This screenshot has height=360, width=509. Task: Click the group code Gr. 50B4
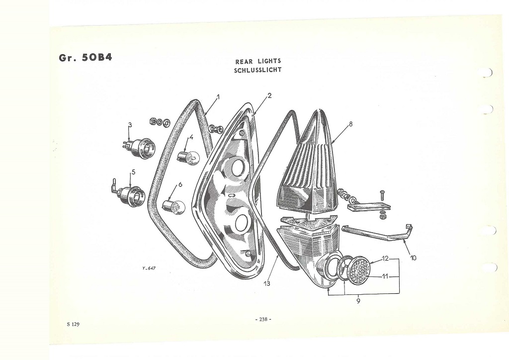click(x=85, y=58)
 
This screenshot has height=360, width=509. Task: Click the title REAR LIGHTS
click(x=258, y=61)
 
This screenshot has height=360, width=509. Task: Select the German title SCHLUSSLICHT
click(x=258, y=70)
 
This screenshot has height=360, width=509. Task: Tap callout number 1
click(x=218, y=97)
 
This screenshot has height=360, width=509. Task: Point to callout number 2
click(x=269, y=95)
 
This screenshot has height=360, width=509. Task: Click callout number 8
click(x=350, y=124)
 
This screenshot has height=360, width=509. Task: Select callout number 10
click(x=413, y=258)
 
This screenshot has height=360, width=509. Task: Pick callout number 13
click(x=267, y=283)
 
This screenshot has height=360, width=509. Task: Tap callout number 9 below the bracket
click(x=358, y=301)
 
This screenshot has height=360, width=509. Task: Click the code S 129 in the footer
click(x=73, y=324)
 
